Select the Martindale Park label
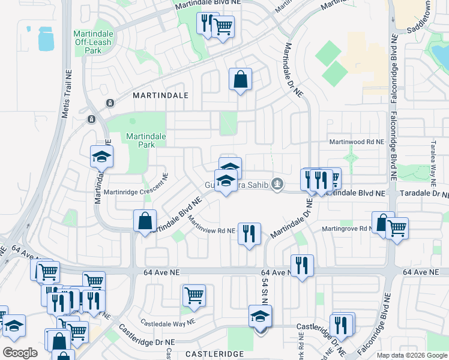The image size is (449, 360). click(142, 141)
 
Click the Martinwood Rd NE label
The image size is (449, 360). click(356, 142)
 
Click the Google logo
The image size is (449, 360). click(20, 353)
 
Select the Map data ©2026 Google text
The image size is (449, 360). click(411, 355)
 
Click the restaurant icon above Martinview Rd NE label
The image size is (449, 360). click(249, 233)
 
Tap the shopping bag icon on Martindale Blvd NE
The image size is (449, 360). click(145, 220)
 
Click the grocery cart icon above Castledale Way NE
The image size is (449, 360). click(194, 295)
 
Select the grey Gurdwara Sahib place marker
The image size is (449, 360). click(277, 184)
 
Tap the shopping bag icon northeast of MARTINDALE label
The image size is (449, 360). click(240, 79)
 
